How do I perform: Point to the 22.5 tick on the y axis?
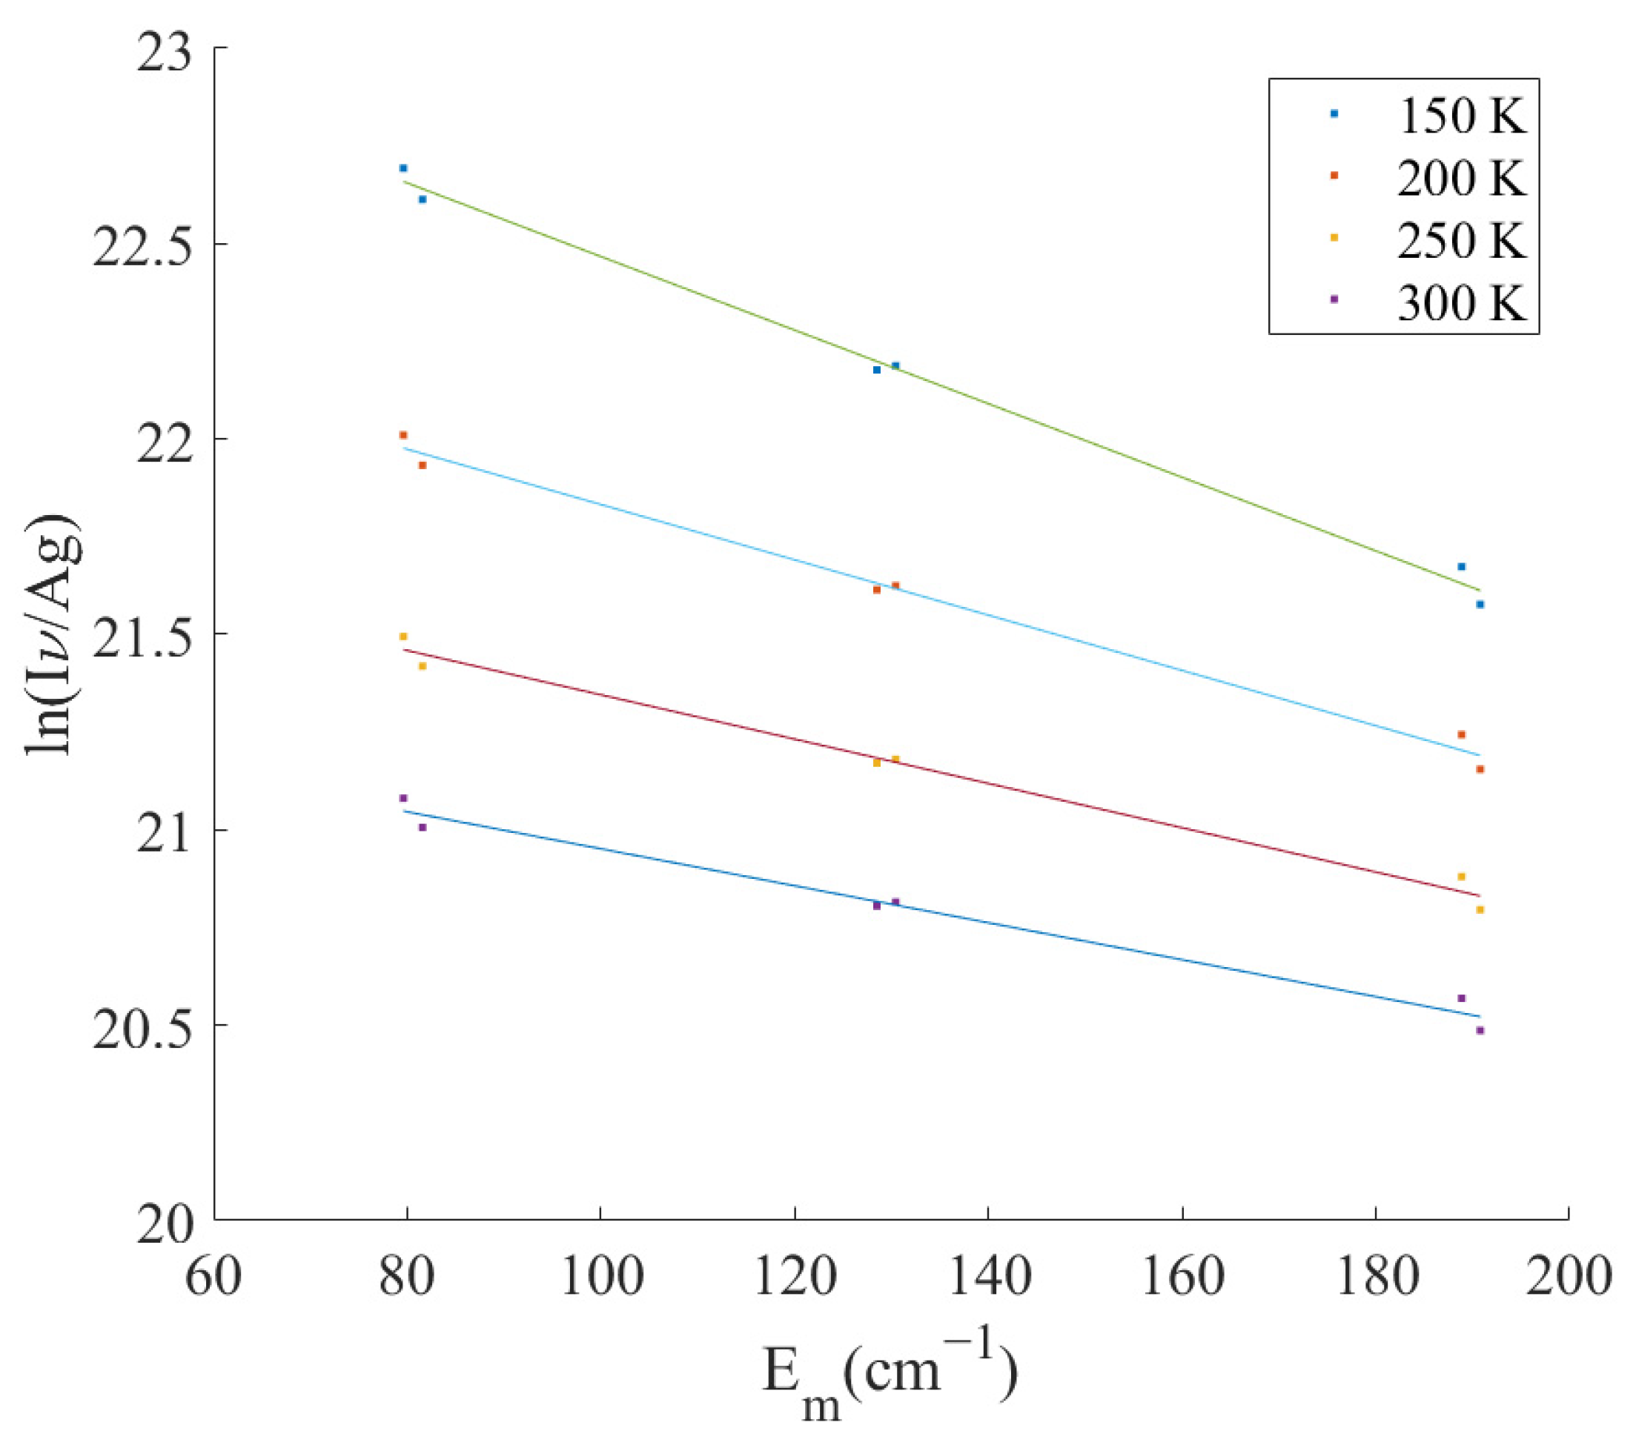click(x=142, y=245)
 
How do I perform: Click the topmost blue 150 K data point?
click(x=403, y=168)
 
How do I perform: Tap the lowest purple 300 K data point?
click(x=1480, y=1031)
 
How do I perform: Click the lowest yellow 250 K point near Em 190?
click(x=1480, y=910)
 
